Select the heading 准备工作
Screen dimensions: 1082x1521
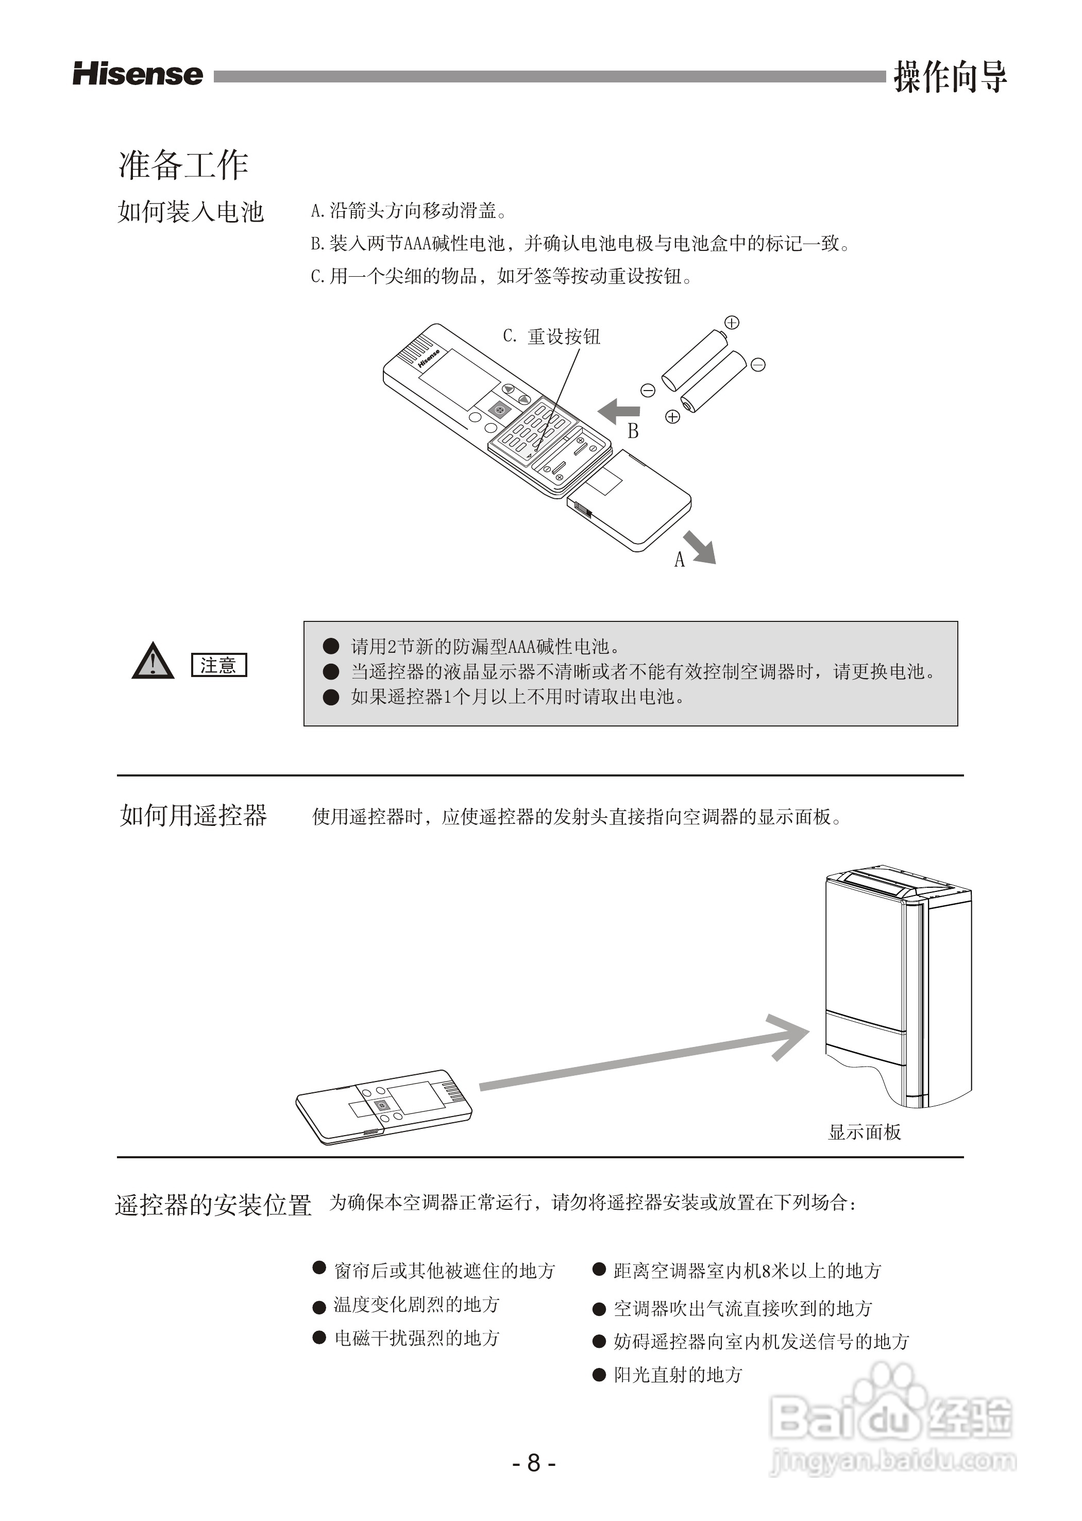[183, 164]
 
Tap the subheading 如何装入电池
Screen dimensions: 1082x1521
[191, 212]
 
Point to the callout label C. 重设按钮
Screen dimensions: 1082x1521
[552, 336]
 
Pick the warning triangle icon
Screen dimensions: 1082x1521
[153, 662]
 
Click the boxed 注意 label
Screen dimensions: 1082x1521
[218, 665]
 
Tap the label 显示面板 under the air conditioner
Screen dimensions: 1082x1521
[864, 1133]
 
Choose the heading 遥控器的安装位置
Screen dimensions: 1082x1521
[213, 1205]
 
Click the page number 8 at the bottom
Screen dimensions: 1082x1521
[534, 1463]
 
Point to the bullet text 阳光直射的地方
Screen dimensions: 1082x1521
[677, 1375]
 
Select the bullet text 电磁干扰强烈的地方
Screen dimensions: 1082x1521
[416, 1338]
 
